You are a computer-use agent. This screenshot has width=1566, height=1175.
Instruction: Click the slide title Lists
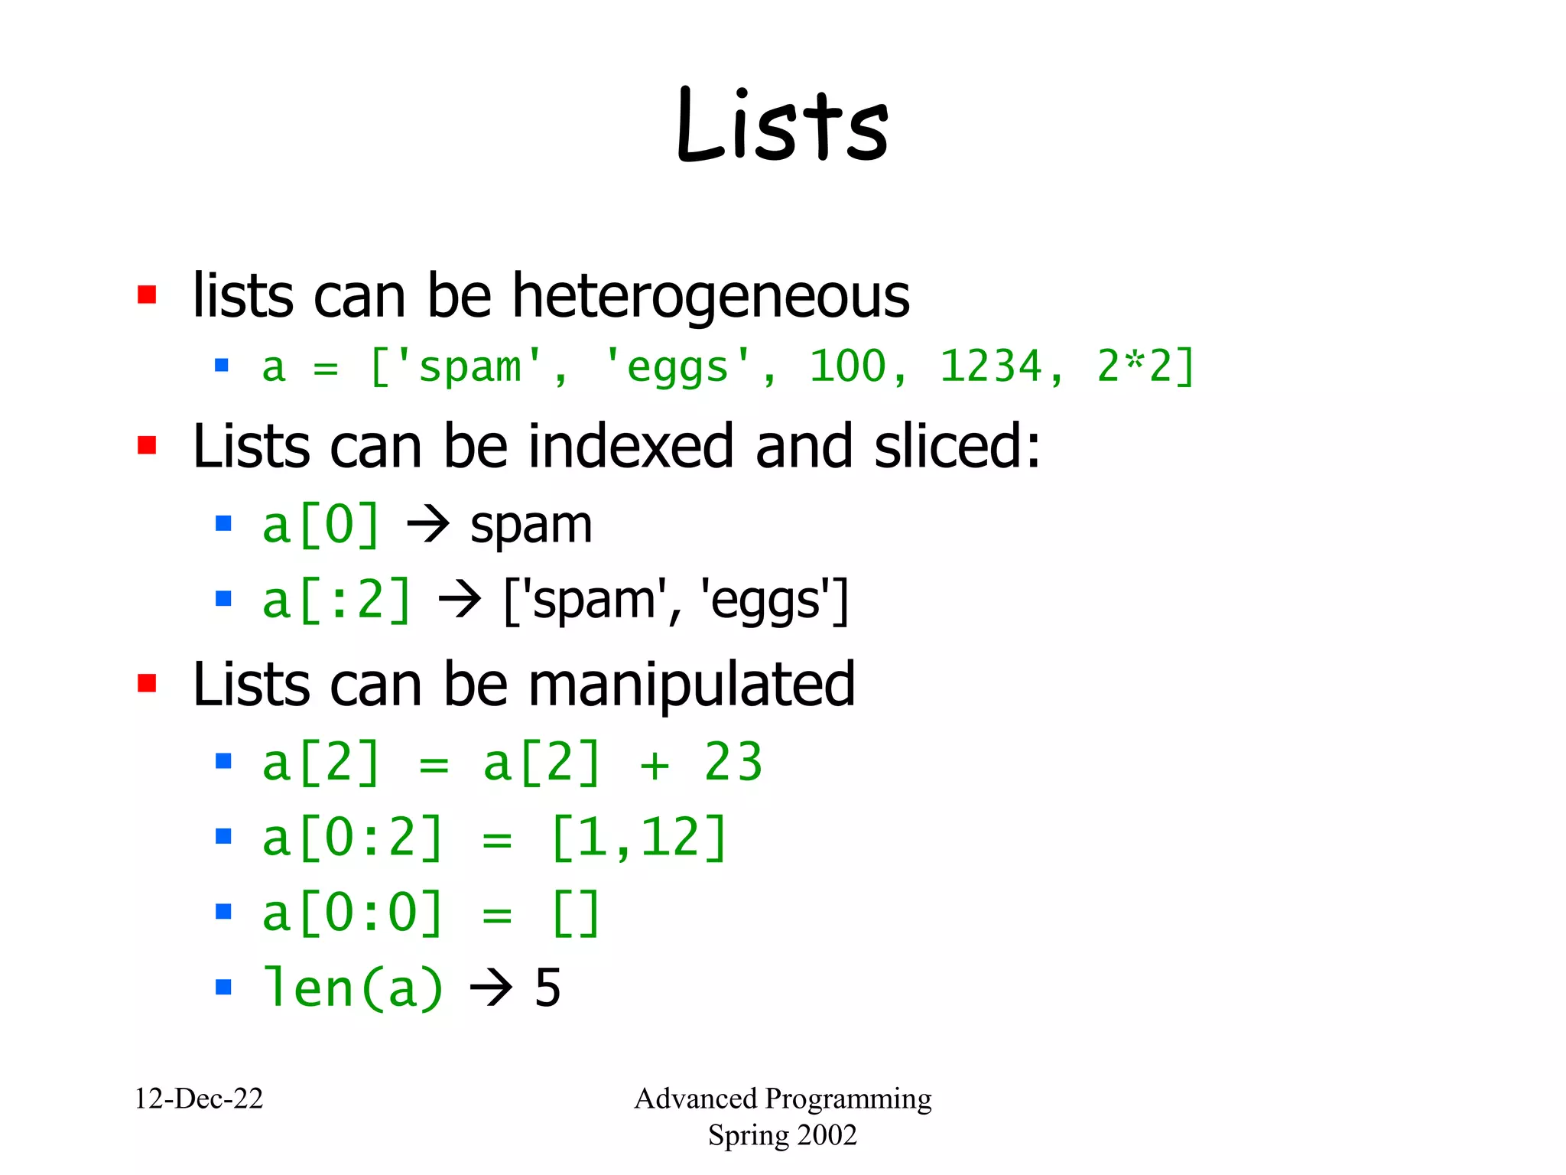pos(782,126)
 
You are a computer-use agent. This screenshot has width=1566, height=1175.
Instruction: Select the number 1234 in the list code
pos(991,366)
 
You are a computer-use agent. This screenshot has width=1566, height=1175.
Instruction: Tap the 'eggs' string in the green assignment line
pos(677,366)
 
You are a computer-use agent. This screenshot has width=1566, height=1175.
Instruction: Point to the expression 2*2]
pos(1145,366)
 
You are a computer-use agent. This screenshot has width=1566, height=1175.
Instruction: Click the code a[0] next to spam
pos(320,526)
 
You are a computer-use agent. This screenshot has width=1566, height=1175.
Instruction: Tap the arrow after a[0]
pos(427,526)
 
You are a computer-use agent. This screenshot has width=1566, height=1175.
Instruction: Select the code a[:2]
pos(336,601)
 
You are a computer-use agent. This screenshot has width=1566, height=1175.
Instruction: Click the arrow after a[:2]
pos(460,601)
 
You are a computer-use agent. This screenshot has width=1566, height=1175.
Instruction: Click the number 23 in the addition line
pos(733,763)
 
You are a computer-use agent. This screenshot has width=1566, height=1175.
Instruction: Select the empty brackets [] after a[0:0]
pos(575,913)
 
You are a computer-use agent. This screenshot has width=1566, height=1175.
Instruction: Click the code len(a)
pos(353,988)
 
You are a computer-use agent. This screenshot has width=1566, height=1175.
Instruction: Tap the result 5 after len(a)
pos(547,988)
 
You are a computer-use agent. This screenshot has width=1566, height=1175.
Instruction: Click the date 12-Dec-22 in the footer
pos(199,1099)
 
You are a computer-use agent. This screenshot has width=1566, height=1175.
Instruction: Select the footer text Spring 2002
pos(782,1135)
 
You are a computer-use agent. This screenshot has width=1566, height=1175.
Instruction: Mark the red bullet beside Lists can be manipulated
pos(147,683)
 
